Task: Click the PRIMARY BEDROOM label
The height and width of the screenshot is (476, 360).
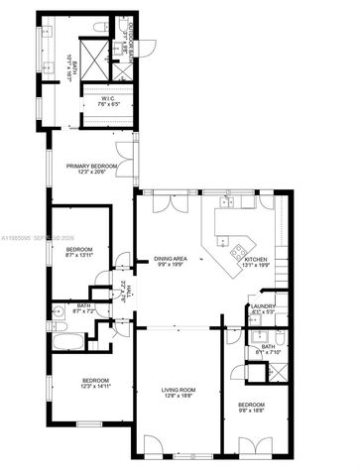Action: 92,166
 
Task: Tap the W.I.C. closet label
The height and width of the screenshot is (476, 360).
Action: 109,99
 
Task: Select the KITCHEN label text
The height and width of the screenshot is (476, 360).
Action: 257,260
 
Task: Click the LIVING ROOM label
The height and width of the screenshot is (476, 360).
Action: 180,390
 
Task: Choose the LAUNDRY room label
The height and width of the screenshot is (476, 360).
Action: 263,308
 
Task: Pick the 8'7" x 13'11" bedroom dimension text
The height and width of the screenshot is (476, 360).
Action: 79,255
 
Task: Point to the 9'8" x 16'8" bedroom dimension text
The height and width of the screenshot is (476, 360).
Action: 251,411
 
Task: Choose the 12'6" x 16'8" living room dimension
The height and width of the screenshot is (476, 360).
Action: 180,397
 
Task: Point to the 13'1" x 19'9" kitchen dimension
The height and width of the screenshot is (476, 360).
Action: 257,266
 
